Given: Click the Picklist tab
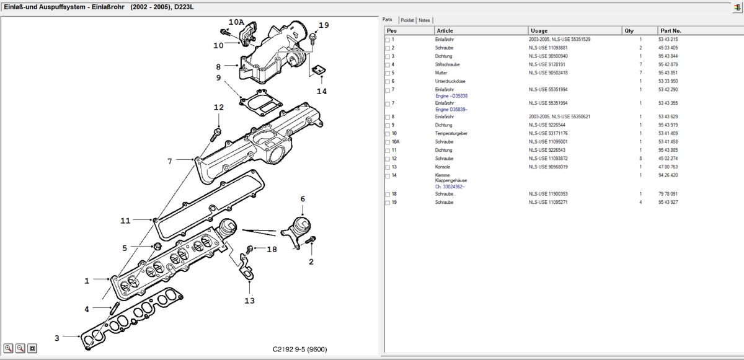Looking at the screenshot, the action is tap(407, 20).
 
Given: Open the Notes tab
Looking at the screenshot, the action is tap(424, 20).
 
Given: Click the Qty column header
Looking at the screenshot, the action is tap(629, 30).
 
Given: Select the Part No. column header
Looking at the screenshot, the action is tap(671, 30).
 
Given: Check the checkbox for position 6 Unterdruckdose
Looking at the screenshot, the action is tap(387, 82).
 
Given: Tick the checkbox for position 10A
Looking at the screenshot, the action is tap(387, 143).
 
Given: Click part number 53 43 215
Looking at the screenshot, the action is tap(668, 39).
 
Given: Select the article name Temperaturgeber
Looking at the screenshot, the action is tap(451, 133).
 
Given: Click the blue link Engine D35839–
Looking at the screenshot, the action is tap(451, 110).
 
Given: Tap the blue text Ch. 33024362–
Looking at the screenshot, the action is tap(450, 187).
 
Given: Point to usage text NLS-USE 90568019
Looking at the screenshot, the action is tap(548, 167).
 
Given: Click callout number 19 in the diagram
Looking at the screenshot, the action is tap(324, 25).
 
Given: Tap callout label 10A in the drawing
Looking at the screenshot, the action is tap(236, 22).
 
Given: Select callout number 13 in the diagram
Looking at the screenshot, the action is tap(249, 301).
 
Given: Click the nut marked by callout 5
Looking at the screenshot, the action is tap(157, 247).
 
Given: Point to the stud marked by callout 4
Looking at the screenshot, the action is tap(114, 308).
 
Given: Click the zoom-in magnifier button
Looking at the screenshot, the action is tap(8, 348).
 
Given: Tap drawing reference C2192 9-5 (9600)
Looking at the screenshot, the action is tap(299, 349).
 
